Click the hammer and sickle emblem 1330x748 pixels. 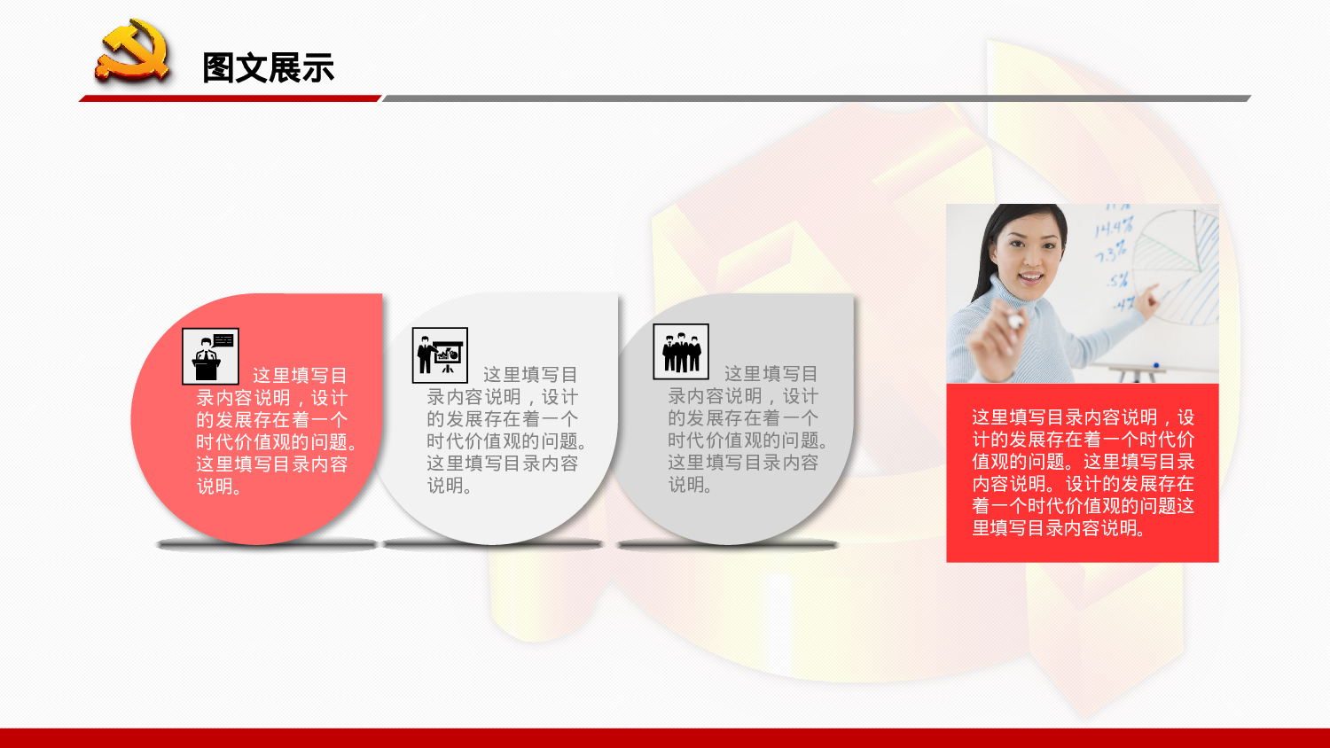coord(133,52)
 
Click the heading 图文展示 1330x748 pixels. coord(268,68)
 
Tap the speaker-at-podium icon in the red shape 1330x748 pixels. coord(210,356)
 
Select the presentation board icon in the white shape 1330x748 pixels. coord(440,355)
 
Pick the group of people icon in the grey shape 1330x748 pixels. coord(681,352)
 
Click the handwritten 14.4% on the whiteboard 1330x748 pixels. coord(1113,228)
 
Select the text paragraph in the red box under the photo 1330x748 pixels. coord(1083,472)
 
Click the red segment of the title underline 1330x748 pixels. coord(231,98)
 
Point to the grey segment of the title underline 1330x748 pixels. coord(816,98)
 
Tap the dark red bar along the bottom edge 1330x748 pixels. coord(665,737)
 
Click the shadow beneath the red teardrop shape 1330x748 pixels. coord(266,544)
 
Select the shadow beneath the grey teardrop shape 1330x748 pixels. coord(727,545)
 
